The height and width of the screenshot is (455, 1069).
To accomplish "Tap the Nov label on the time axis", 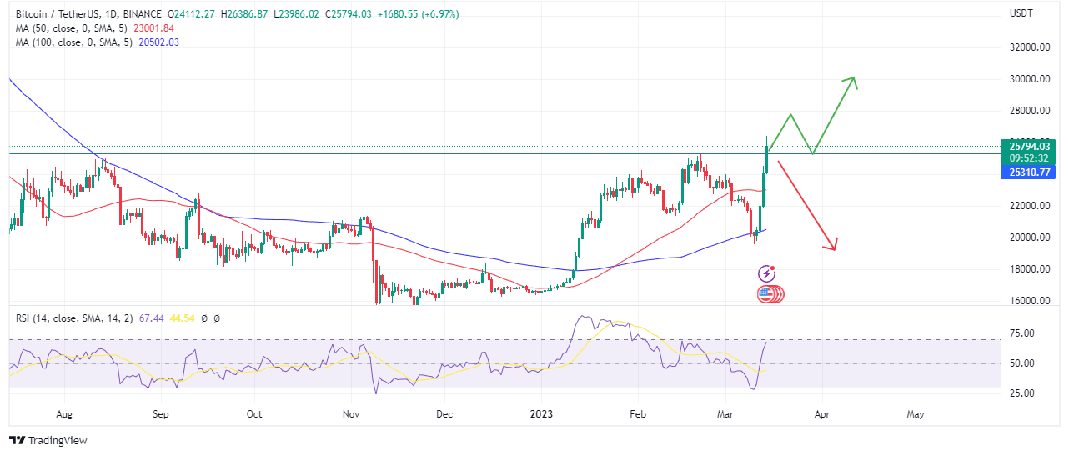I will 350,413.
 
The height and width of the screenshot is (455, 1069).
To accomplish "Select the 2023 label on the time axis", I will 541,413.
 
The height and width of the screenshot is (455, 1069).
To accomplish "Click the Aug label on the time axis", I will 64,413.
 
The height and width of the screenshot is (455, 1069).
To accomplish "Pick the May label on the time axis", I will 916,413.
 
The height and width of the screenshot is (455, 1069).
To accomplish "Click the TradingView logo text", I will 58,440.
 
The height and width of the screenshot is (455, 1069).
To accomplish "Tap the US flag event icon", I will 766,293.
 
